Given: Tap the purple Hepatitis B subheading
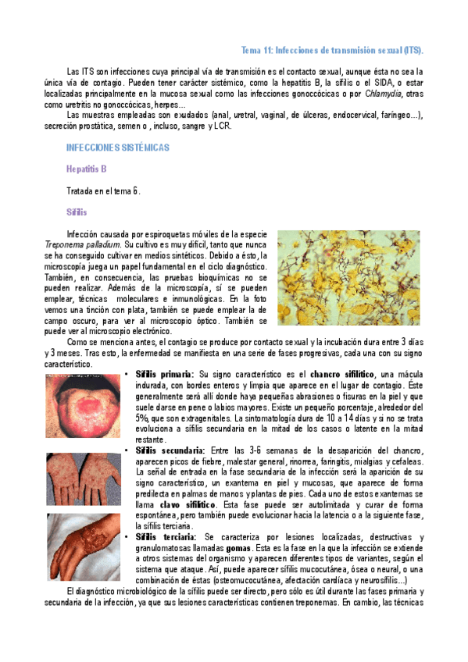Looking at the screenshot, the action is [x=87, y=168].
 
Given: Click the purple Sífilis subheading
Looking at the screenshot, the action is [x=77, y=212].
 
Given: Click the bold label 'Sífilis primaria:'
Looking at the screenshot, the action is [x=165, y=375].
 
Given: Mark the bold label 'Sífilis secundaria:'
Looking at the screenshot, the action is [x=170, y=450].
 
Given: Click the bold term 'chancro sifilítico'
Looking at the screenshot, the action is [x=343, y=375].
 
